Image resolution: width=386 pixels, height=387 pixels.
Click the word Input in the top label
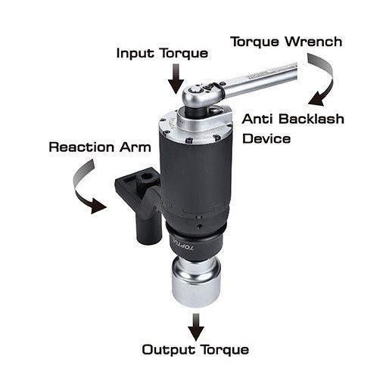135,54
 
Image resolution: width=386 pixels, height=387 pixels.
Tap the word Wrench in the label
314,42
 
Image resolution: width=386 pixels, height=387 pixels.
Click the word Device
266,139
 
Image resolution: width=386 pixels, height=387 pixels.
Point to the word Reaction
82,147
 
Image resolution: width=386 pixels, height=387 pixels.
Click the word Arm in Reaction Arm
135,147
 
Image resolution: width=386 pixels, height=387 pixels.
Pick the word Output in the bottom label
169,350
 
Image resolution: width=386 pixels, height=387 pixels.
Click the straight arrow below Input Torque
176,79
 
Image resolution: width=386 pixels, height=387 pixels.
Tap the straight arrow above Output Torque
196,327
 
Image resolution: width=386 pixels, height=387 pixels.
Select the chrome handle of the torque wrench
261,79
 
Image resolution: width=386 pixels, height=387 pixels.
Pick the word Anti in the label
258,119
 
